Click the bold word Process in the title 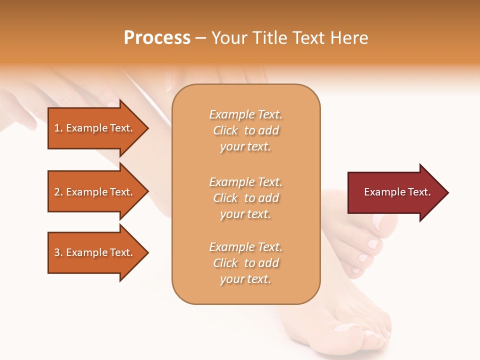pyautogui.click(x=157, y=38)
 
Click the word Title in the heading pyautogui.click(x=270, y=38)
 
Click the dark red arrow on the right pyautogui.click(x=395, y=192)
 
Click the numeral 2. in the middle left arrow pyautogui.click(x=58, y=192)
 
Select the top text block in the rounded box pyautogui.click(x=245, y=130)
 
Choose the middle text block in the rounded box pyautogui.click(x=245, y=198)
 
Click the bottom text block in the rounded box pyautogui.click(x=245, y=263)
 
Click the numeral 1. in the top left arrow pyautogui.click(x=58, y=128)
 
